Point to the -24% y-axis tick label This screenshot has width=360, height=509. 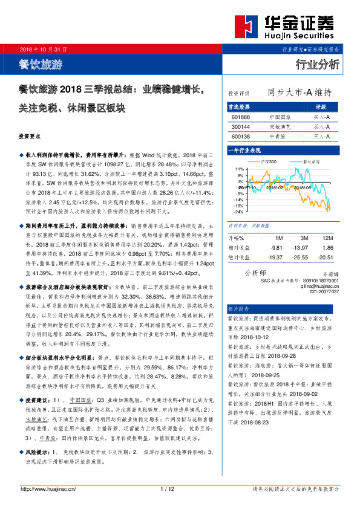pyautogui.click(x=240, y=212)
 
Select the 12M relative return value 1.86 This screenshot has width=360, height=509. pyautogui.click(x=327, y=248)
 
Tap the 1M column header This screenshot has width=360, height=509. pyautogui.click(x=278, y=238)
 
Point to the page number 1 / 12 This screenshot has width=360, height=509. pyautogui.click(x=168, y=488)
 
